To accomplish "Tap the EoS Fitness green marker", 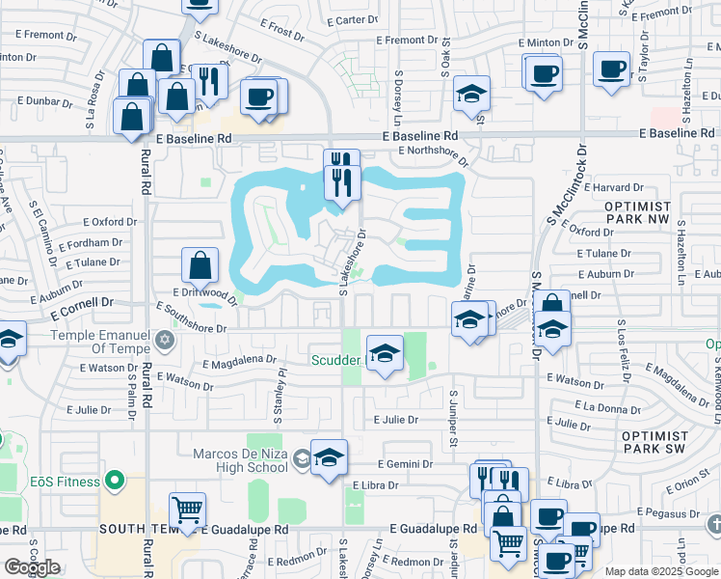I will point(116,480).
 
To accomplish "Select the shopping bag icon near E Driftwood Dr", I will point(200,265).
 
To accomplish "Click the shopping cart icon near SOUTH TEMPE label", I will point(187,510).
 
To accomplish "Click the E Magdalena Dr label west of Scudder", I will point(239,361).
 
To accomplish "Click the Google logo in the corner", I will point(32,567).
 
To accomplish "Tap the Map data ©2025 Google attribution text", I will point(660,571).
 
